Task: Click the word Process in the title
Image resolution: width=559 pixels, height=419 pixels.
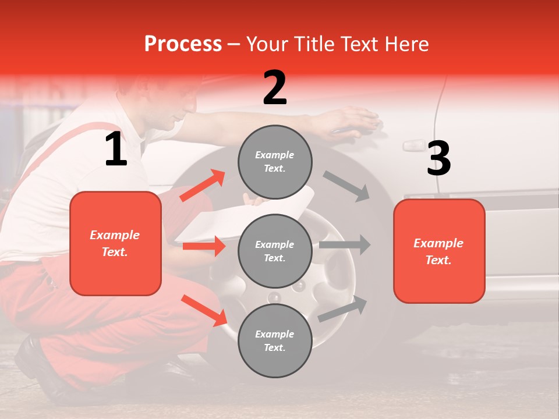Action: [183, 44]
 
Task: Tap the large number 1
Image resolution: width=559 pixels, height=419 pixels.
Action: [116, 150]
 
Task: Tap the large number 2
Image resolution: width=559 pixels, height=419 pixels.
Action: [275, 88]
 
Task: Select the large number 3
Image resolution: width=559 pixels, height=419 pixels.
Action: [438, 159]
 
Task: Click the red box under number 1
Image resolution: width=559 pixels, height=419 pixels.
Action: [115, 243]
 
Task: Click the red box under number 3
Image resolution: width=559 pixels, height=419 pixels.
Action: [439, 251]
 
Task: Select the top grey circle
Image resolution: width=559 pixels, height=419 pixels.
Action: [275, 162]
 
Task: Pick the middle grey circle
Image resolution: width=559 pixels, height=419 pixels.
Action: [275, 251]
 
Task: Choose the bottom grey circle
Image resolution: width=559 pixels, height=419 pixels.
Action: [275, 340]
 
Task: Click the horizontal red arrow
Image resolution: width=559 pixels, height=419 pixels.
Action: [204, 246]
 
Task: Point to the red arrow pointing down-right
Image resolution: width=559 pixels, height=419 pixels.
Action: [204, 310]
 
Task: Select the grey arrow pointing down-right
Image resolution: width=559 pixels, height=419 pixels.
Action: [347, 186]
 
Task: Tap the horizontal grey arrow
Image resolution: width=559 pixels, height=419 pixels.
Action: [344, 244]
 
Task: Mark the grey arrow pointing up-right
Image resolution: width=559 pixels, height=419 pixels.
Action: [343, 309]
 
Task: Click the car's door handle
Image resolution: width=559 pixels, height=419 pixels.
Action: [413, 144]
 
